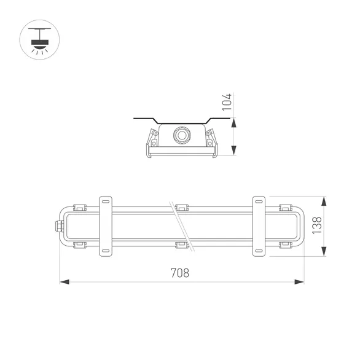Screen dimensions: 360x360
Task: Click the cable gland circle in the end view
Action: click(x=181, y=135)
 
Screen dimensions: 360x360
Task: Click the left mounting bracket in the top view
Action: click(x=105, y=225)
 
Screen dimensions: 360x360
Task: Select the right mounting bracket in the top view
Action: click(x=259, y=225)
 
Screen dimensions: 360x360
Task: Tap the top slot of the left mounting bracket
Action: click(x=105, y=201)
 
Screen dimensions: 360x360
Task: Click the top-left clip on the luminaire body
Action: click(x=78, y=207)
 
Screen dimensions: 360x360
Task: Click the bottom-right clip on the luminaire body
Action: click(x=285, y=245)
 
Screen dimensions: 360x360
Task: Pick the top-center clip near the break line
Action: click(x=181, y=207)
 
